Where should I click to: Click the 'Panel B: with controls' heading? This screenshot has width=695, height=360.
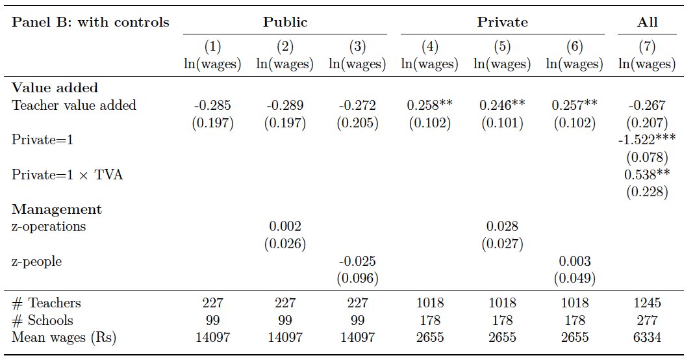[x=90, y=22]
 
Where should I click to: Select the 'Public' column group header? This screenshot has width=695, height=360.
[x=285, y=22]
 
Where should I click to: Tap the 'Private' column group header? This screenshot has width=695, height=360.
[x=503, y=22]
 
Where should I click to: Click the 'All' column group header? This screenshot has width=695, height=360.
[x=647, y=22]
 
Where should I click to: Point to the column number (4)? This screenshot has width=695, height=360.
[x=429, y=47]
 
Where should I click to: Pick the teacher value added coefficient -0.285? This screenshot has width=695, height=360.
[x=212, y=105]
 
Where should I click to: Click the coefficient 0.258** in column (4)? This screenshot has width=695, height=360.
[x=429, y=105]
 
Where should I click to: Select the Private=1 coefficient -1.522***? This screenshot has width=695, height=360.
[x=647, y=140]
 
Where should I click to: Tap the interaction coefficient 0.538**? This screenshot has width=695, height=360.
[x=647, y=175]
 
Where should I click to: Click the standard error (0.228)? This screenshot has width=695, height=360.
[x=647, y=192]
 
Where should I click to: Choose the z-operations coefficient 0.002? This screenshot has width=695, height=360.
[x=285, y=227]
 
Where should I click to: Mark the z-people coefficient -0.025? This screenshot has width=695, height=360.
[x=357, y=261]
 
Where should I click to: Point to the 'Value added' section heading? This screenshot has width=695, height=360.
[x=55, y=88]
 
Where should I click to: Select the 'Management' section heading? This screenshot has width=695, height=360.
[x=57, y=209]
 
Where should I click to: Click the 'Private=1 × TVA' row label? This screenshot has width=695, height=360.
[x=68, y=175]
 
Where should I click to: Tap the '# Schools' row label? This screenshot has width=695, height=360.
[x=42, y=320]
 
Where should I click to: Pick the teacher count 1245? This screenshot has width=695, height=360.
[x=647, y=303]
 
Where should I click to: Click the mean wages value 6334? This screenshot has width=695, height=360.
[x=647, y=337]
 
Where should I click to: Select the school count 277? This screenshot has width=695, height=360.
[x=647, y=320]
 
